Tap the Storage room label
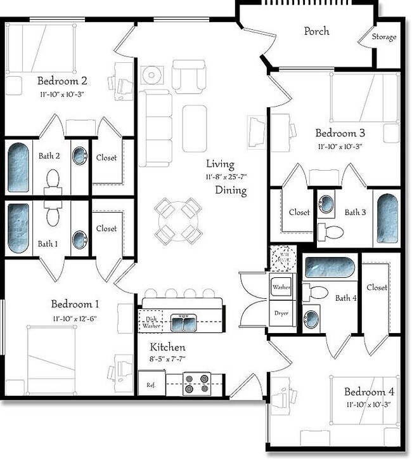pos(385,37)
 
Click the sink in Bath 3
pos(326,204)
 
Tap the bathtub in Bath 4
pos(328,267)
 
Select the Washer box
pos(281,287)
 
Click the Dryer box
pos(281,313)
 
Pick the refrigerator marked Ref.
pos(151,384)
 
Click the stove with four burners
pos(196,384)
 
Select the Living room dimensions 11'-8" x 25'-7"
pos(225,176)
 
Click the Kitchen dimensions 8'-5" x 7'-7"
pos(168,360)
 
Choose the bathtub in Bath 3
pos(387,219)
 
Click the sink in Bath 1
pos(80,239)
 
